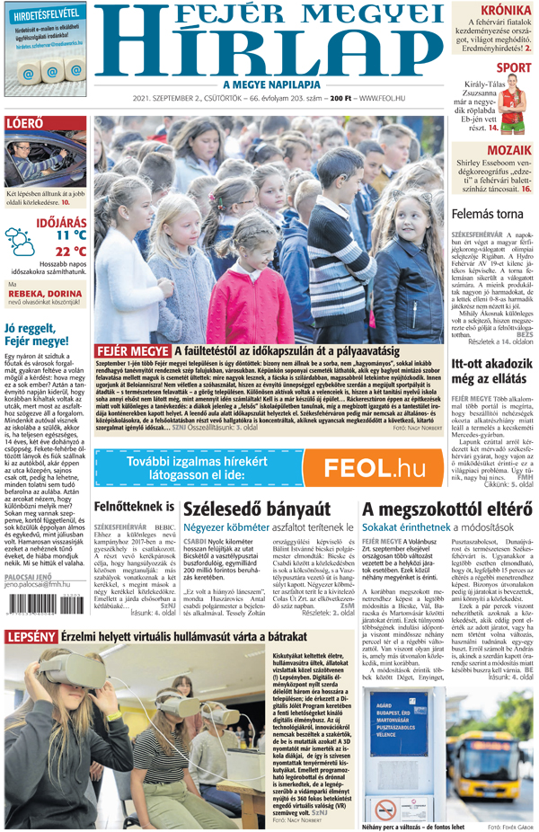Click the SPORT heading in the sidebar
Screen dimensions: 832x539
513,67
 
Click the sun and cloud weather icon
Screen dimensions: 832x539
19,241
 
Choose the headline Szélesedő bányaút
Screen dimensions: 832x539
256,509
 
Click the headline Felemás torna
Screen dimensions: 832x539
487,215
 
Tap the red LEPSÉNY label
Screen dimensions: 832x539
31,637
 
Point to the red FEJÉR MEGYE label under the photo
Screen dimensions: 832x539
132,350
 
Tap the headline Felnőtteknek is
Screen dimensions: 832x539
135,507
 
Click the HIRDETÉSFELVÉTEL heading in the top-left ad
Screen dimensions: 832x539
50,14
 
